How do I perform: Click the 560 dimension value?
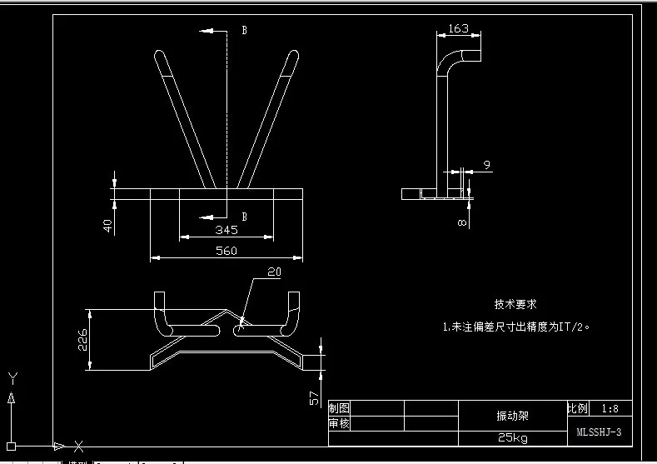[226, 250]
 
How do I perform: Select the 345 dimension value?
[226, 229]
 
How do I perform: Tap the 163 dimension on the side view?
[458, 28]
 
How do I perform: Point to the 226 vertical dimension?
[82, 340]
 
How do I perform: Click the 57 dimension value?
[314, 397]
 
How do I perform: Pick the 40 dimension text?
[107, 226]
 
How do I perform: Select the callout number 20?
[275, 272]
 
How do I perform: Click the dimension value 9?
[486, 165]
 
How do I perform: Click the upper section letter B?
[244, 30]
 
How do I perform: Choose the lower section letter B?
[244, 217]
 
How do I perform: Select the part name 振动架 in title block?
[512, 414]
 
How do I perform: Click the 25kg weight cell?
[512, 437]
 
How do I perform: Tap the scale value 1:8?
[610, 409]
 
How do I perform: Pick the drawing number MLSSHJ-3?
[599, 432]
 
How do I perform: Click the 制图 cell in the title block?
[339, 408]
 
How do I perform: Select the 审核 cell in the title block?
[339, 423]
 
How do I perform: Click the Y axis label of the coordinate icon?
[10, 376]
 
